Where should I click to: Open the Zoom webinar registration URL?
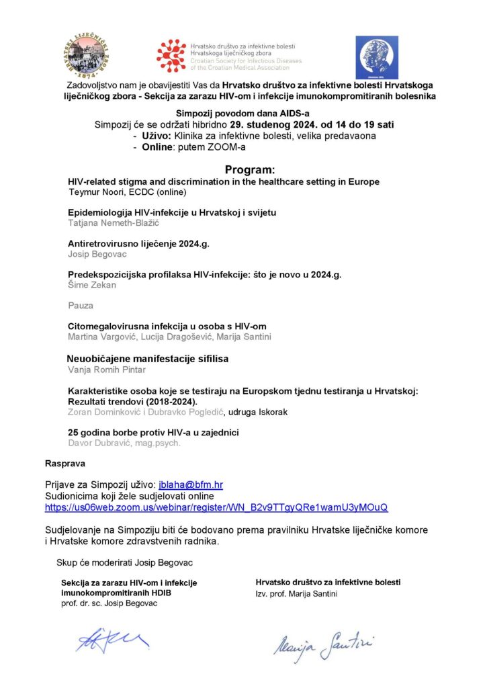216,507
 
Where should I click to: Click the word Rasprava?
65,464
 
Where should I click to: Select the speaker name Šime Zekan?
92,285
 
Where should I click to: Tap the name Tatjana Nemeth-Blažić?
116,222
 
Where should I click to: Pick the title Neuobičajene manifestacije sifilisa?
147,359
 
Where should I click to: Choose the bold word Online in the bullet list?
159,146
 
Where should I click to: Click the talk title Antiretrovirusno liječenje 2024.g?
139,245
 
